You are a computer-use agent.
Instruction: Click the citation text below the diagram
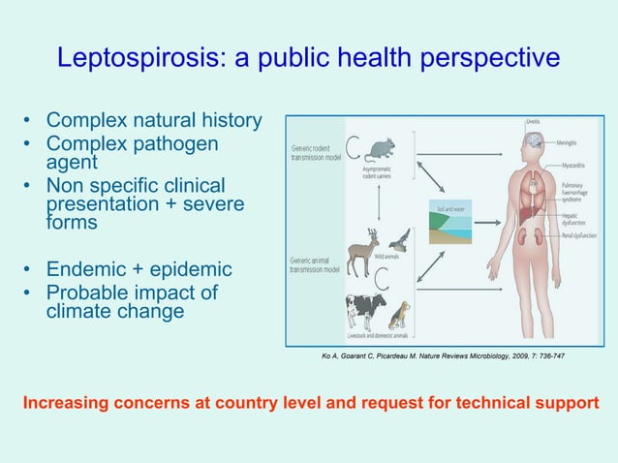pos(443,356)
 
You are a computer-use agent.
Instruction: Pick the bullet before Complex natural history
pos(29,122)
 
